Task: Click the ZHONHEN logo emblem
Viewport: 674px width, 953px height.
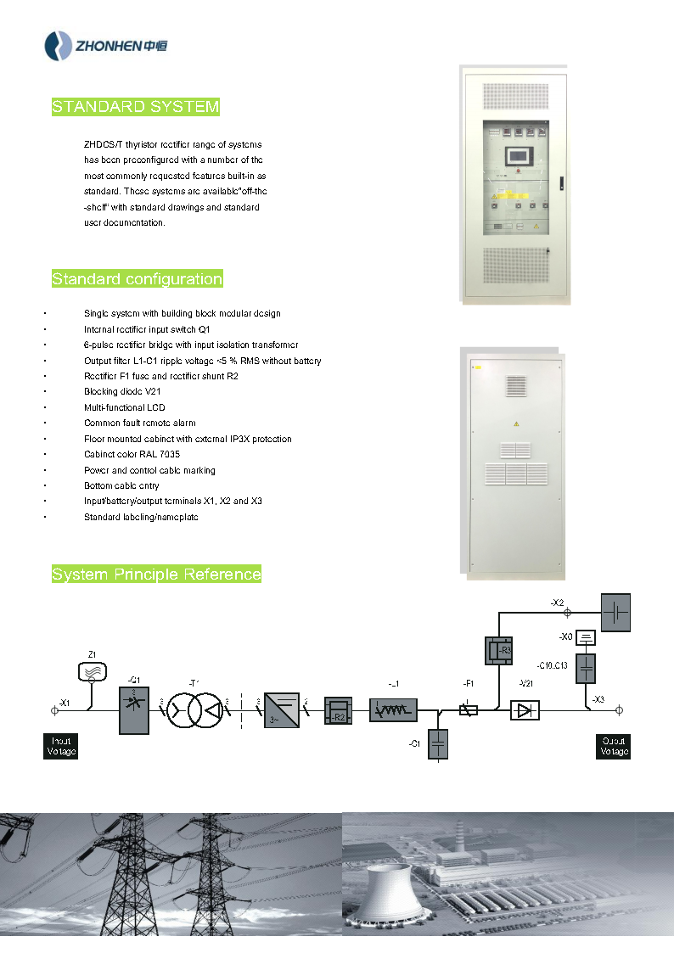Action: click(59, 45)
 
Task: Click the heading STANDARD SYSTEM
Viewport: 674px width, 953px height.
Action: click(136, 107)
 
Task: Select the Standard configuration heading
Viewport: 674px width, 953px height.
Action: click(138, 279)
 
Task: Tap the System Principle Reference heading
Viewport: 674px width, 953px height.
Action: click(156, 575)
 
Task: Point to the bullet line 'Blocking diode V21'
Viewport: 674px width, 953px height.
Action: click(122, 392)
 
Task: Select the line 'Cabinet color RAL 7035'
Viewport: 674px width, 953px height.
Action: click(132, 455)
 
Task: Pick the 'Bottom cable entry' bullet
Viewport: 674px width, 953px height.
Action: click(121, 486)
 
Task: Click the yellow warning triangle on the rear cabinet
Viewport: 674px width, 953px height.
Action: click(514, 422)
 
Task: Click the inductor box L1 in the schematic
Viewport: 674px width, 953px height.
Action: click(393, 710)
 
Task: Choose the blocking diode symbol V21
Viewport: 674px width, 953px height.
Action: click(525, 710)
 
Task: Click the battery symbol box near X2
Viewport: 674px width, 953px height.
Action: click(616, 612)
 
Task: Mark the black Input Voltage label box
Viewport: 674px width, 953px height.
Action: click(60, 746)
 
